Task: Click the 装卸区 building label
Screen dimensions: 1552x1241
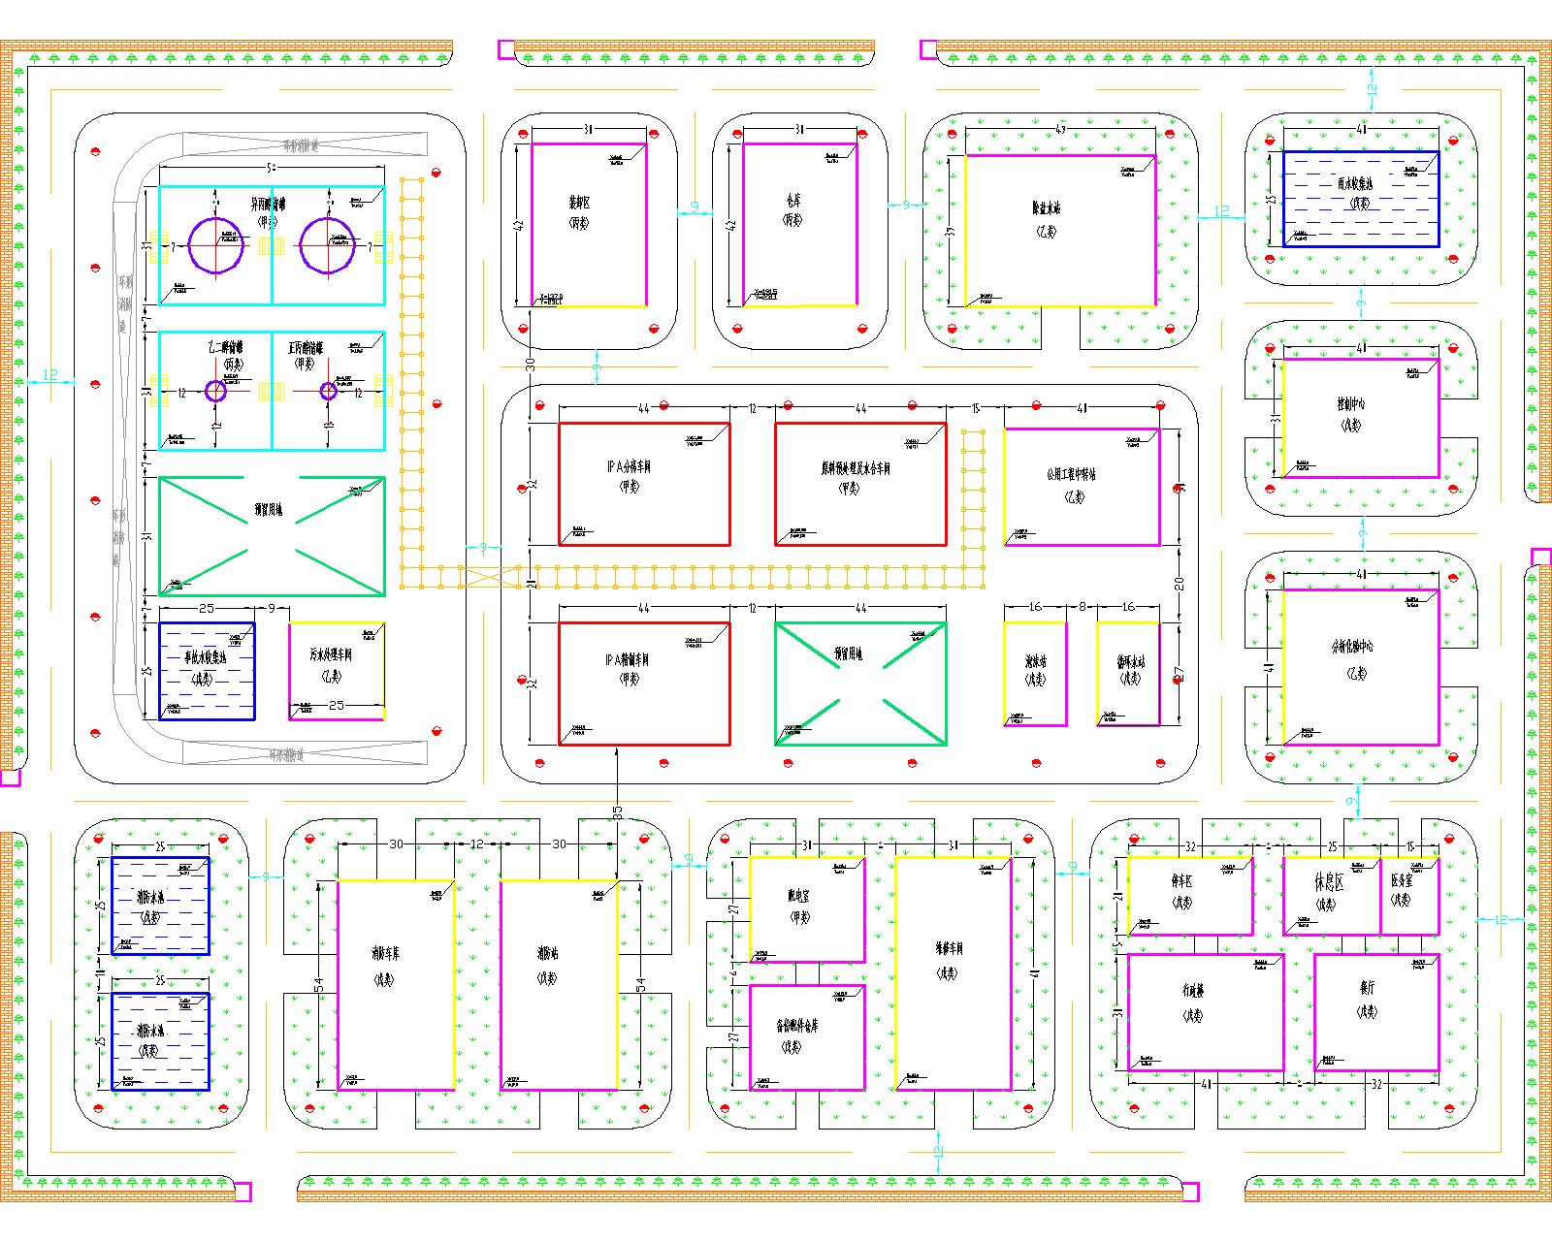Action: (579, 204)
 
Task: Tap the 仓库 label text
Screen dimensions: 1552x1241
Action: (793, 202)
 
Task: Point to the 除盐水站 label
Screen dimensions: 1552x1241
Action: (1047, 208)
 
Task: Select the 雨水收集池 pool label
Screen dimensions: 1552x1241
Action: (1360, 183)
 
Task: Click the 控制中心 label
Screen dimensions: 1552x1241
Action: (1351, 403)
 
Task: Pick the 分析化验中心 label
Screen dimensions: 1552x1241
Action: (1352, 647)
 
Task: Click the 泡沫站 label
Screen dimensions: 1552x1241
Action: (1035, 661)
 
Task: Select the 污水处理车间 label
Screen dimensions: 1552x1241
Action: (331, 654)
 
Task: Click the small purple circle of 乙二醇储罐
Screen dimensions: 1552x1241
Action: (215, 391)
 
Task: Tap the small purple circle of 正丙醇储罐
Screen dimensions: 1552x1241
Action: (328, 391)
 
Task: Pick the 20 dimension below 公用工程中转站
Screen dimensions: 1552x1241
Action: (1180, 584)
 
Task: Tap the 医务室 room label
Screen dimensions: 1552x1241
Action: (1402, 881)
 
